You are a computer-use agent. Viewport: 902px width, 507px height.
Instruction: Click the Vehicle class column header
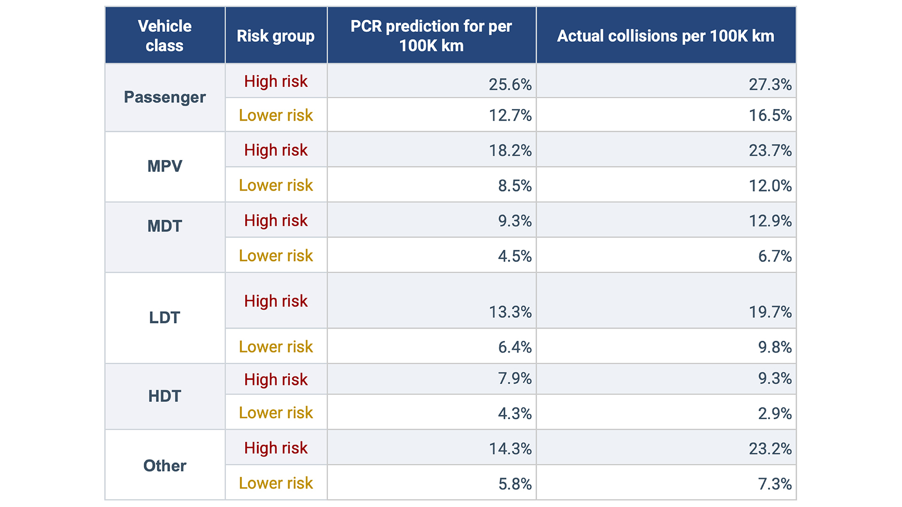[164, 36]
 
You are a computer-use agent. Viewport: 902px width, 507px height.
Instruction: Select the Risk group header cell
[276, 36]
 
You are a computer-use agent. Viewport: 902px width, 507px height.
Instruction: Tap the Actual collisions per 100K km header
[665, 36]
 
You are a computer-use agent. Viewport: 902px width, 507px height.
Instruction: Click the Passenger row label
[164, 97]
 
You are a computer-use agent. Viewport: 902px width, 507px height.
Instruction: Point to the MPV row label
[164, 166]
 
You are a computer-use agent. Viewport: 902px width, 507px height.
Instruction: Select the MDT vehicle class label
[164, 226]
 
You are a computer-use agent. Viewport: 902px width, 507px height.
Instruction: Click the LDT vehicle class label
[164, 318]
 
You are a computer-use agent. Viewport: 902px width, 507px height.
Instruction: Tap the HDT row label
[164, 396]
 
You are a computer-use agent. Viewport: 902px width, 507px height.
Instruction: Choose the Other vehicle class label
[164, 466]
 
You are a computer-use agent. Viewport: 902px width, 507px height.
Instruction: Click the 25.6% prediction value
[510, 84]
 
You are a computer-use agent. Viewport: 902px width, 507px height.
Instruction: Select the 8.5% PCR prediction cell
[514, 186]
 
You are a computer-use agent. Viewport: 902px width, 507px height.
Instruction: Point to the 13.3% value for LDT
[510, 312]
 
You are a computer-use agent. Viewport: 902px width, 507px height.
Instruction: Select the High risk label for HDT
[276, 380]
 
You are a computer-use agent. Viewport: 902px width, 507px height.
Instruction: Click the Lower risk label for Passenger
[276, 115]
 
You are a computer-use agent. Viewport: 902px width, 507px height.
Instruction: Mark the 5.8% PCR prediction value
[514, 484]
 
